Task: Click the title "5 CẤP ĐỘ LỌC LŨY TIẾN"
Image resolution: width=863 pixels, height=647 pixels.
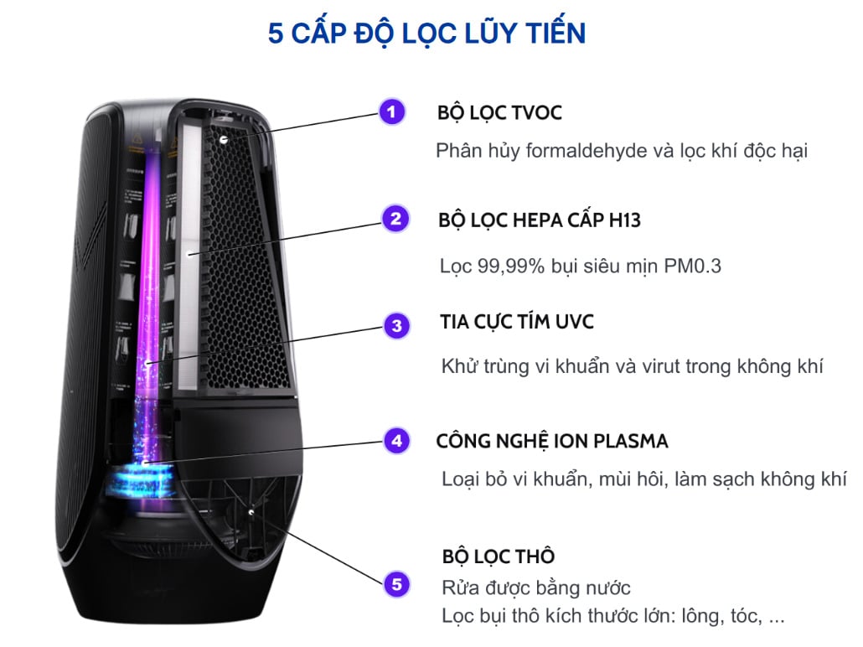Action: (x=426, y=34)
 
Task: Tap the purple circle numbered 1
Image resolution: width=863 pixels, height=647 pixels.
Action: (x=391, y=111)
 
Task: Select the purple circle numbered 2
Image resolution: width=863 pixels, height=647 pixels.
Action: (x=395, y=219)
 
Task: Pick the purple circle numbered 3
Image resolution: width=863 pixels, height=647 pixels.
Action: (x=396, y=325)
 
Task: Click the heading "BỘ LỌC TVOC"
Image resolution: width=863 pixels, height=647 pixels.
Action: (x=499, y=113)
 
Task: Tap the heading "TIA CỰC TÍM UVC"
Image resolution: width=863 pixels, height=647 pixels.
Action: (x=517, y=323)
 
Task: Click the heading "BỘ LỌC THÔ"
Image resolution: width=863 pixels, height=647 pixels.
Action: (x=498, y=556)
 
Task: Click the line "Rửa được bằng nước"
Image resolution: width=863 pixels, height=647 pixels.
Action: (x=535, y=587)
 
